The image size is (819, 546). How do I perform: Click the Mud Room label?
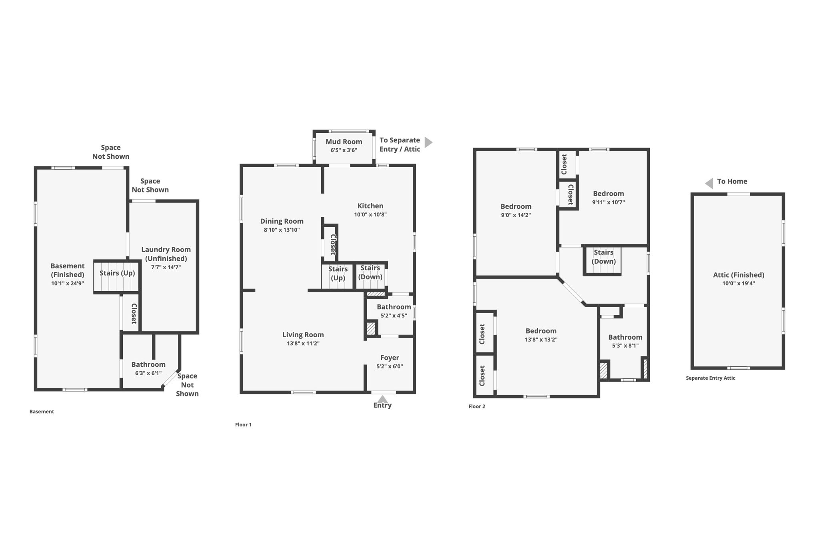344,142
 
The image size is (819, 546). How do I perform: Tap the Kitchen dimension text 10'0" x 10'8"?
370,215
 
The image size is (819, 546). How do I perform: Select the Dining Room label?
282,221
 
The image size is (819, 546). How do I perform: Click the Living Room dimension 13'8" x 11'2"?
303,344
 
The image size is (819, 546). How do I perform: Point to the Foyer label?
390,358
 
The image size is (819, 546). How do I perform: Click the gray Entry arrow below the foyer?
383,399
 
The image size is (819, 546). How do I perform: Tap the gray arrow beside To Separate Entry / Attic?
428,142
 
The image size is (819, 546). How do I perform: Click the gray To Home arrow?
709,184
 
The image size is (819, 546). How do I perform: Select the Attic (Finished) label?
739,275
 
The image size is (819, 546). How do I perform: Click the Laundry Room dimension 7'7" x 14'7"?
166,268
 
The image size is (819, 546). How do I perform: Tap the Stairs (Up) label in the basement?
117,273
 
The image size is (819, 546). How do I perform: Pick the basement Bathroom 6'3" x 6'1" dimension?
148,374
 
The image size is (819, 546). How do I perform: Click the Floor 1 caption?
244,425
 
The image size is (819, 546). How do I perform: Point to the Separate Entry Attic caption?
711,378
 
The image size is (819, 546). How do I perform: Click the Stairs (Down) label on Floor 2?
603,257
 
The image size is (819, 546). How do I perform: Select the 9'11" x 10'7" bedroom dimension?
608,202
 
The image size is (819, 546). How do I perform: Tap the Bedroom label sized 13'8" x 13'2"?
541,331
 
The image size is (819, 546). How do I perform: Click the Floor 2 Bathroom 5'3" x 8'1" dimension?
625,346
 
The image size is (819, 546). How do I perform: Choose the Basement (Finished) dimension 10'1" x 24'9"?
68,284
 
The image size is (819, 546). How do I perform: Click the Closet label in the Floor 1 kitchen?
333,244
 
